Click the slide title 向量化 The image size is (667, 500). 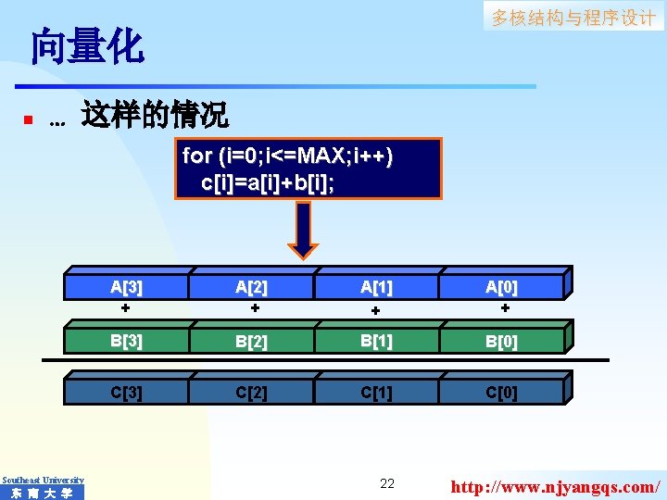87,47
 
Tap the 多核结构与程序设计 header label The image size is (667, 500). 573,18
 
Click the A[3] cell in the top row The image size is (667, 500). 126,287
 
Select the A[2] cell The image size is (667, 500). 252,287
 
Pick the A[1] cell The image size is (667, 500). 377,287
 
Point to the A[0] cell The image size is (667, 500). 502,287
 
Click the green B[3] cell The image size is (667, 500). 126,340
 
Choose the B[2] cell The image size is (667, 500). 252,341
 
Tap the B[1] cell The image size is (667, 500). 377,340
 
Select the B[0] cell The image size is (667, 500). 502,341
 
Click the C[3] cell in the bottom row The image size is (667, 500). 126,392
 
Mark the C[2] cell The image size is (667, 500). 252,392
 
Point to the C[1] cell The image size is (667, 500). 377,392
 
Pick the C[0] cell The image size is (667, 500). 502,392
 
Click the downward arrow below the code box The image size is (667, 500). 303,231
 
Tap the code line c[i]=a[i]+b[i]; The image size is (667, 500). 268,181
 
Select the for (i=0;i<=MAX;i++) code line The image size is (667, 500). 287,156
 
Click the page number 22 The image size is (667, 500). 387,483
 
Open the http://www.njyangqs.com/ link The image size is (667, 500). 555,485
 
